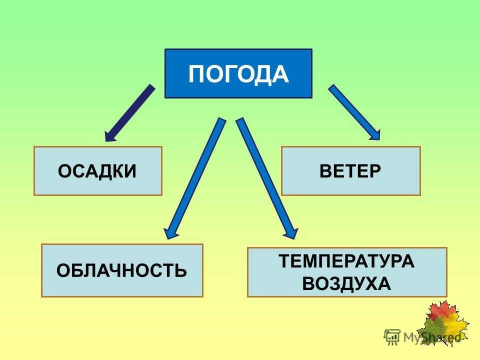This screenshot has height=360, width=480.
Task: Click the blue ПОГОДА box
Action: [238, 73]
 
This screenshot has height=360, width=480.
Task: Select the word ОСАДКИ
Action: [97, 171]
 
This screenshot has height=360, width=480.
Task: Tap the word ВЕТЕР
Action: [350, 171]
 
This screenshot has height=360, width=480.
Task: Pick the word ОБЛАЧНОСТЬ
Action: [121, 270]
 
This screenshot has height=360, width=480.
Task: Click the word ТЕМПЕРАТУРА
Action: [346, 261]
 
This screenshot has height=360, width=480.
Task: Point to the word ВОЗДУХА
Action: [346, 283]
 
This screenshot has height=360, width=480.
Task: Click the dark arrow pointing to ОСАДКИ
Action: [129, 113]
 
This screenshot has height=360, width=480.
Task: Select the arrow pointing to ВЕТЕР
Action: [354, 112]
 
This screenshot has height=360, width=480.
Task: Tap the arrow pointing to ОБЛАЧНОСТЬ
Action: [194, 178]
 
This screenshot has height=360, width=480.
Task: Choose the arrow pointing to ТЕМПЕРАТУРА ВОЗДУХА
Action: [266, 178]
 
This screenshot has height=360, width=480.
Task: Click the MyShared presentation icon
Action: [392, 337]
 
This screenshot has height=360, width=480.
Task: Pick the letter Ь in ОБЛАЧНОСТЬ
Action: [179, 270]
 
